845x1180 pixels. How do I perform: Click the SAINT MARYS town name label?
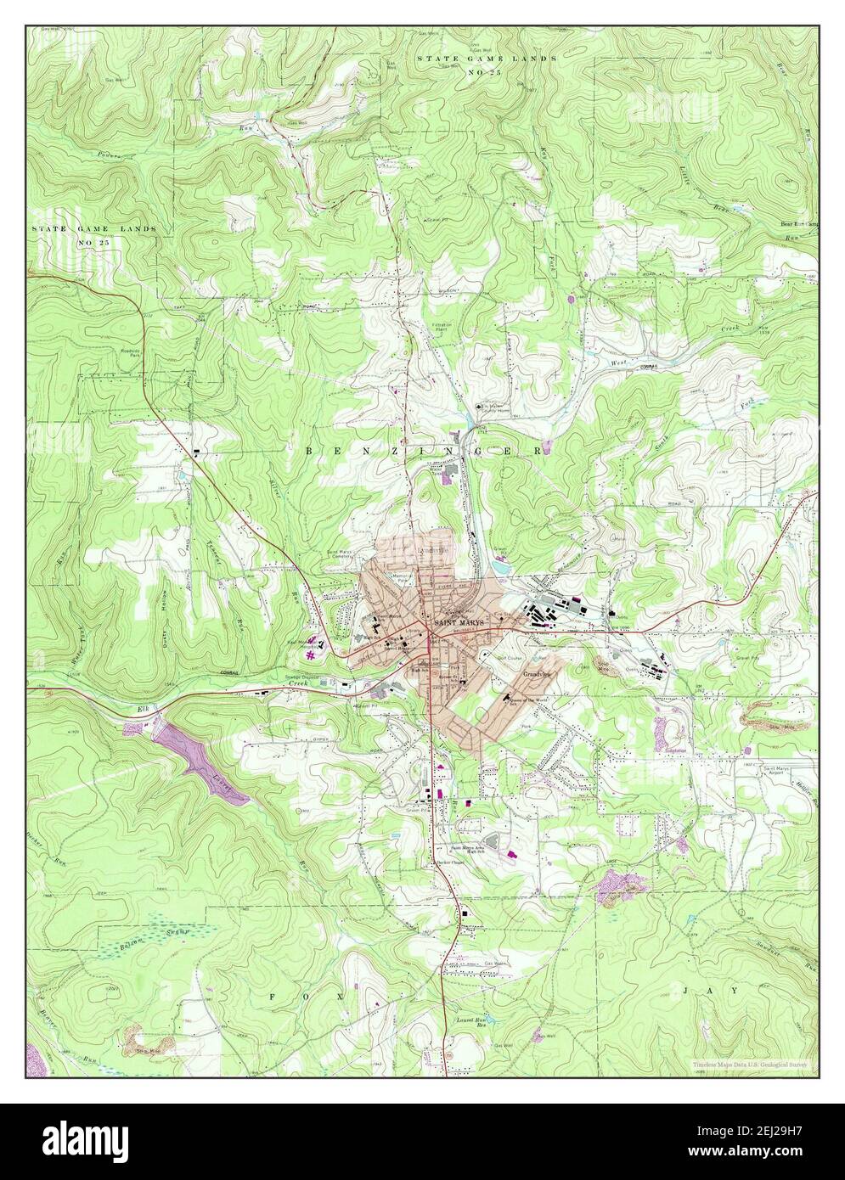(459, 623)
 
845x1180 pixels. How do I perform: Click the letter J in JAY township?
(685, 990)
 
